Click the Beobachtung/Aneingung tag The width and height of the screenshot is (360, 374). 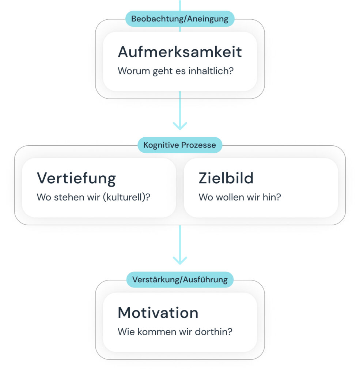[180, 19]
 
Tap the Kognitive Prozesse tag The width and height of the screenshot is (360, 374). [180, 145]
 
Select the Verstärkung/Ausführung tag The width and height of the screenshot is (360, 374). [180, 279]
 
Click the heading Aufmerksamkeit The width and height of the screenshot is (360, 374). [180, 52]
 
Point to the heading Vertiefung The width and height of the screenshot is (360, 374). [76, 178]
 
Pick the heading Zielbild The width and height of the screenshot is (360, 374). [226, 178]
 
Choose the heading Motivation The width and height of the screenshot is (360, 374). [158, 313]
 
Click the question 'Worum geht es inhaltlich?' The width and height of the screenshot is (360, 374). [176, 71]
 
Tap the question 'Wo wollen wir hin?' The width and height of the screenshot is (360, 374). [240, 197]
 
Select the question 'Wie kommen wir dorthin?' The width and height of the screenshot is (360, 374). [175, 332]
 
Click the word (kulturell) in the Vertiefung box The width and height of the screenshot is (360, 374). [124, 198]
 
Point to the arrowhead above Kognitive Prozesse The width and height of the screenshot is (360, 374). [180, 126]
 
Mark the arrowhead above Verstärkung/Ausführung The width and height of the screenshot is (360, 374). [180, 260]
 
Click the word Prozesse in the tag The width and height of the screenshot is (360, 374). [198, 145]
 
